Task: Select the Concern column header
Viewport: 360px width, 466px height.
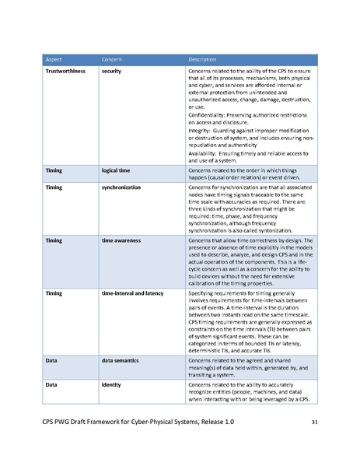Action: pos(112,60)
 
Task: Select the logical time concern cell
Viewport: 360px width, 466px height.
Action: pos(118,168)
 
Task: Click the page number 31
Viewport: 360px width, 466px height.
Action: pos(313,422)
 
